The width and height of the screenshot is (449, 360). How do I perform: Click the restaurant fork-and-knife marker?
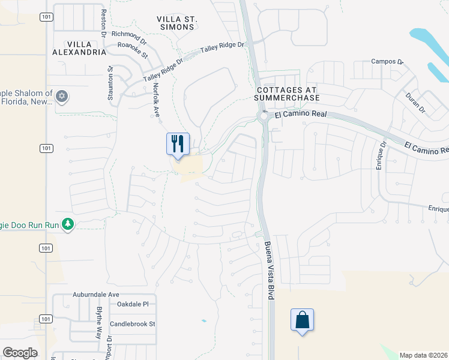tap(178, 143)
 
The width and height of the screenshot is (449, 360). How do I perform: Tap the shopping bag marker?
tap(302, 320)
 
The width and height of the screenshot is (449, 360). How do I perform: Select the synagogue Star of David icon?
tap(62, 96)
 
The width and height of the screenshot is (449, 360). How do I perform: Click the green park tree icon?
tap(68, 224)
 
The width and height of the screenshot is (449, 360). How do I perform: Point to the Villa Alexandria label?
tap(87, 48)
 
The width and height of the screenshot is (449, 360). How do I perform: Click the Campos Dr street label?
tap(384, 61)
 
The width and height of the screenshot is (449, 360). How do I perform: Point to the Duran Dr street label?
tap(415, 100)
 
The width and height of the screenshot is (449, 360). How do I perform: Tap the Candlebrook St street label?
tap(133, 324)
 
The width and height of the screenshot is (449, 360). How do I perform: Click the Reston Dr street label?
tap(104, 23)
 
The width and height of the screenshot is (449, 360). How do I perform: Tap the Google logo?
tap(20, 353)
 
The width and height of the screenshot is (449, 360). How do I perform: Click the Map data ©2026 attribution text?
tap(423, 355)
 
